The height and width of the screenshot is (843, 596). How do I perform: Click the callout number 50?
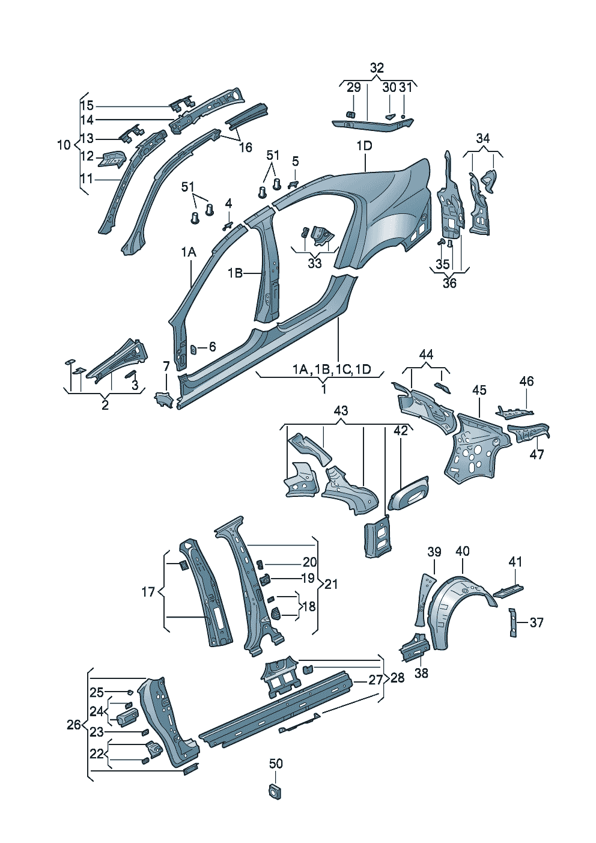pos(276,764)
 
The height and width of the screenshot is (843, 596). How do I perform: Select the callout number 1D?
pos(365,145)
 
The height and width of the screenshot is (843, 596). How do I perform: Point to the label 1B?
pos(235,273)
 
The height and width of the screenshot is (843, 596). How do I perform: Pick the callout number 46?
pos(526,381)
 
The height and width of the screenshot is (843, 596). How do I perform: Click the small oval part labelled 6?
pos(195,349)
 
